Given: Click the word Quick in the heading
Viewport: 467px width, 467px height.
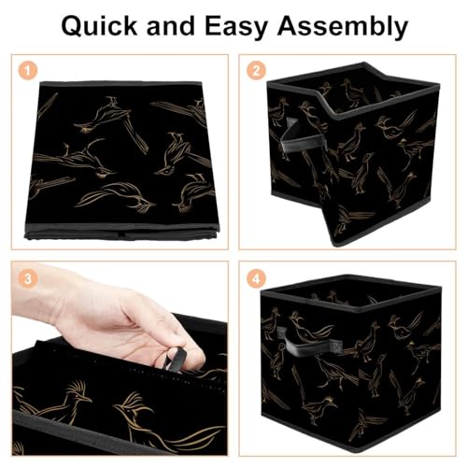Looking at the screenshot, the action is (x=99, y=26).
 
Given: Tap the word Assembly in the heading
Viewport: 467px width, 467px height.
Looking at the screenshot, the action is (x=342, y=27).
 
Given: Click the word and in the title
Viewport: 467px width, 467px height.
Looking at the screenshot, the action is (x=170, y=26).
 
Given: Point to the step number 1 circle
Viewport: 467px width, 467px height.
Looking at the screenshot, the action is (x=28, y=70).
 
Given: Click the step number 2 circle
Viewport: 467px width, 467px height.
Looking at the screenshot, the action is (x=256, y=70).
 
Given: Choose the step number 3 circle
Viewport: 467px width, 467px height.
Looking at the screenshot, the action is (x=28, y=278).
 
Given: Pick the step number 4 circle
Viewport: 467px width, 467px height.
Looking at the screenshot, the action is (x=256, y=278).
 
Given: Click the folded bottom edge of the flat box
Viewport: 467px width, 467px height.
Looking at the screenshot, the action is (x=121, y=232).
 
